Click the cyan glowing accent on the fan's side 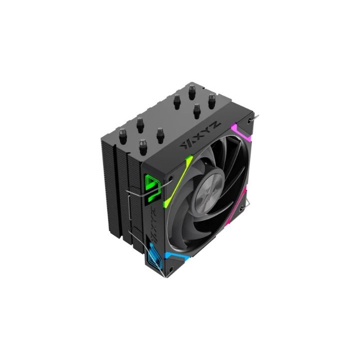pos(152,256)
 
